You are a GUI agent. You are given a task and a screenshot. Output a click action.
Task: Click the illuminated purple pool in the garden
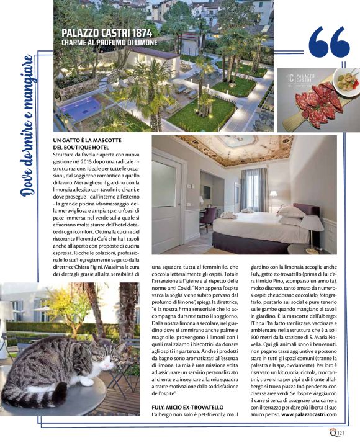80,109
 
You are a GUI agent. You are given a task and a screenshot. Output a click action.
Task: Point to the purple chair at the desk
209,217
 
